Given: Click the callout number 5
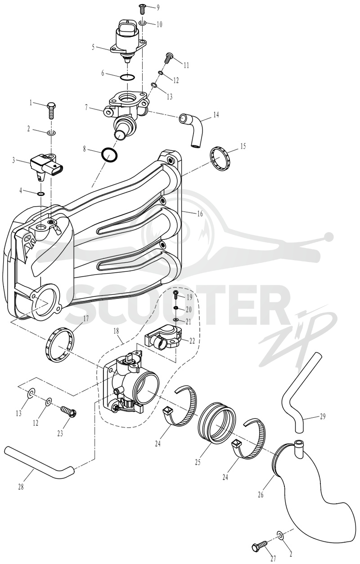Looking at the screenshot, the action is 93,47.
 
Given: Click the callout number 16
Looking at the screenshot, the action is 200,214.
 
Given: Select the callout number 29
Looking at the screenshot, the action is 322,416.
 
